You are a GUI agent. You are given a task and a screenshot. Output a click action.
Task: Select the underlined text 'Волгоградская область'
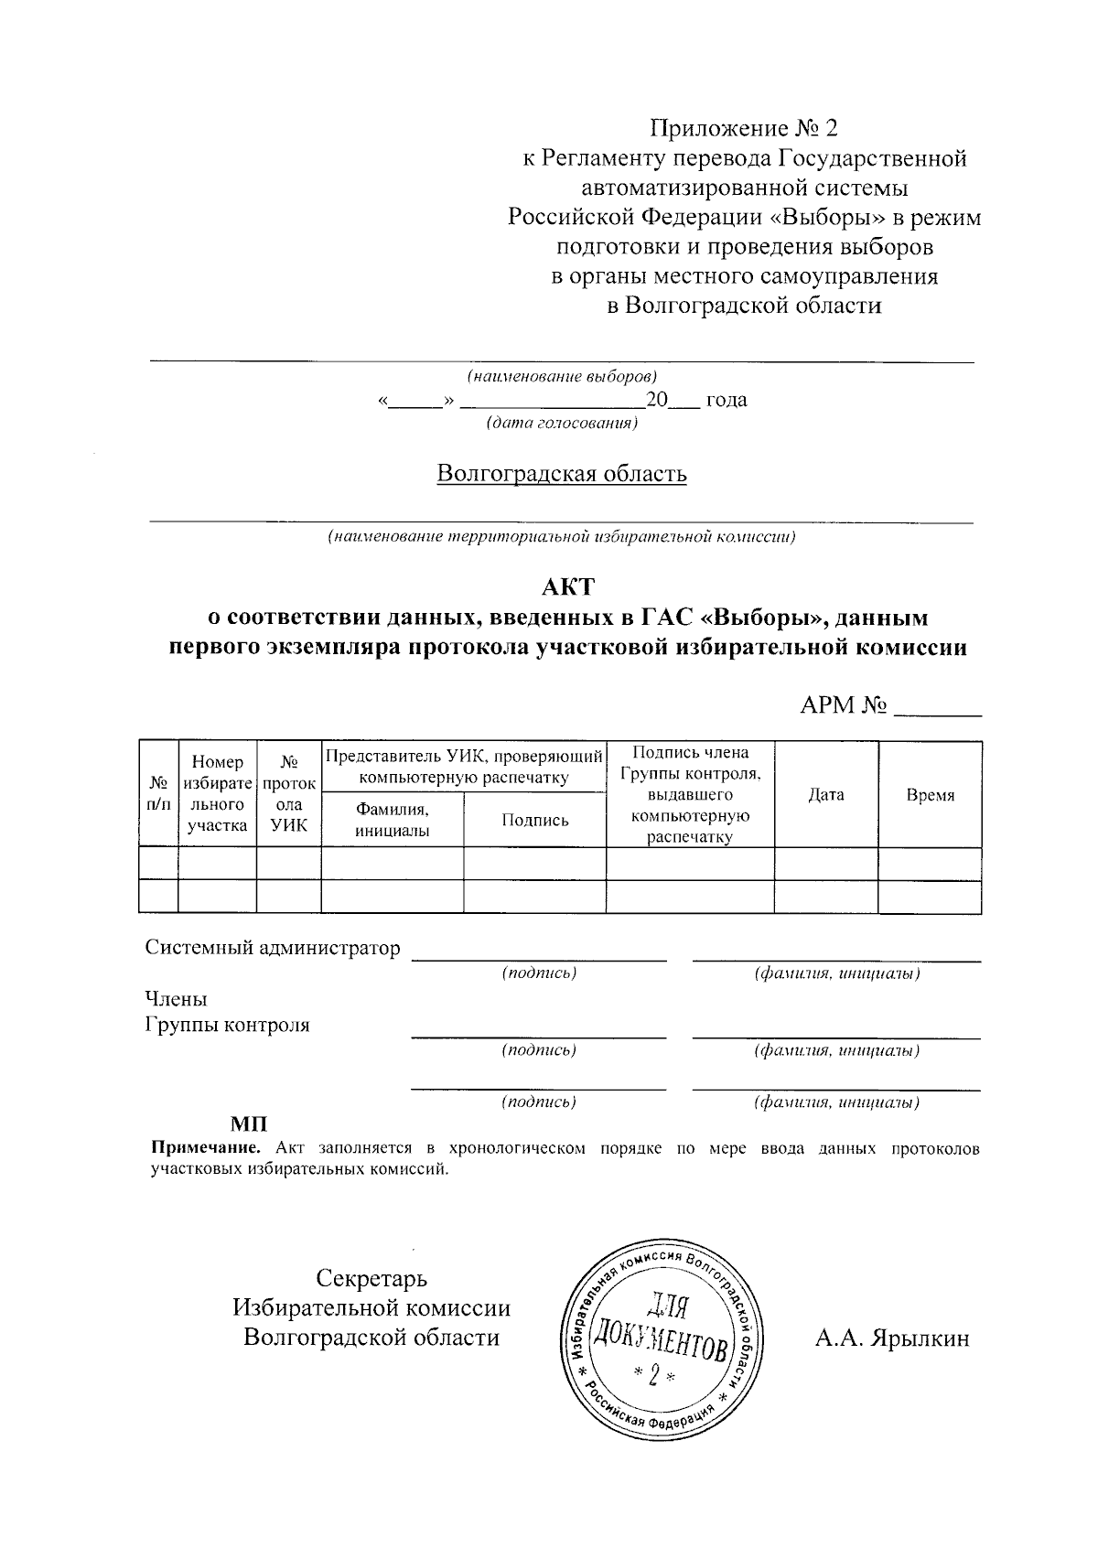click(x=561, y=474)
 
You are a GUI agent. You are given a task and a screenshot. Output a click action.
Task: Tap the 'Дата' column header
click(x=826, y=795)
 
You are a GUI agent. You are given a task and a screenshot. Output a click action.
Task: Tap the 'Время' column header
click(x=930, y=795)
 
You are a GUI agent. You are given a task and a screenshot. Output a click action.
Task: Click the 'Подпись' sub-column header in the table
click(x=534, y=820)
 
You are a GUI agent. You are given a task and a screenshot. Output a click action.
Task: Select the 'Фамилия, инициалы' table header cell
click(x=393, y=820)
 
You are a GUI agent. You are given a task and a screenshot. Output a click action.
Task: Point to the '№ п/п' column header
click(x=158, y=794)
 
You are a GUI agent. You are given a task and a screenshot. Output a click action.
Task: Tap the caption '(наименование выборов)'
click(x=562, y=376)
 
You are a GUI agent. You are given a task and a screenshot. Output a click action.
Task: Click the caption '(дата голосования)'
click(x=562, y=424)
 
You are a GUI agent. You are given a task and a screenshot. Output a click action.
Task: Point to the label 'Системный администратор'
click(x=273, y=948)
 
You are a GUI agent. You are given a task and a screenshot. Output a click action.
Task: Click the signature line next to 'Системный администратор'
click(x=539, y=957)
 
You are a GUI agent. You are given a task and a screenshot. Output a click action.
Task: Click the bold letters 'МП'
click(x=248, y=1123)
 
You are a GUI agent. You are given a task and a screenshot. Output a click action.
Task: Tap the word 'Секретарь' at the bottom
click(x=371, y=1278)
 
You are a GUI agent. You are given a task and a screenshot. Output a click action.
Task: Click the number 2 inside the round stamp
click(x=653, y=1374)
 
